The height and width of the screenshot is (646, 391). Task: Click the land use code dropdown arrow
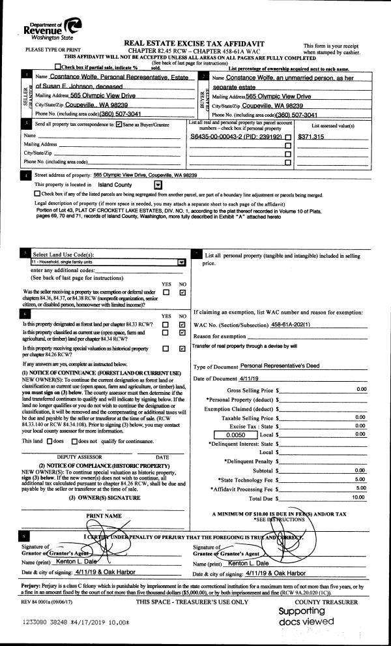point(181,262)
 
